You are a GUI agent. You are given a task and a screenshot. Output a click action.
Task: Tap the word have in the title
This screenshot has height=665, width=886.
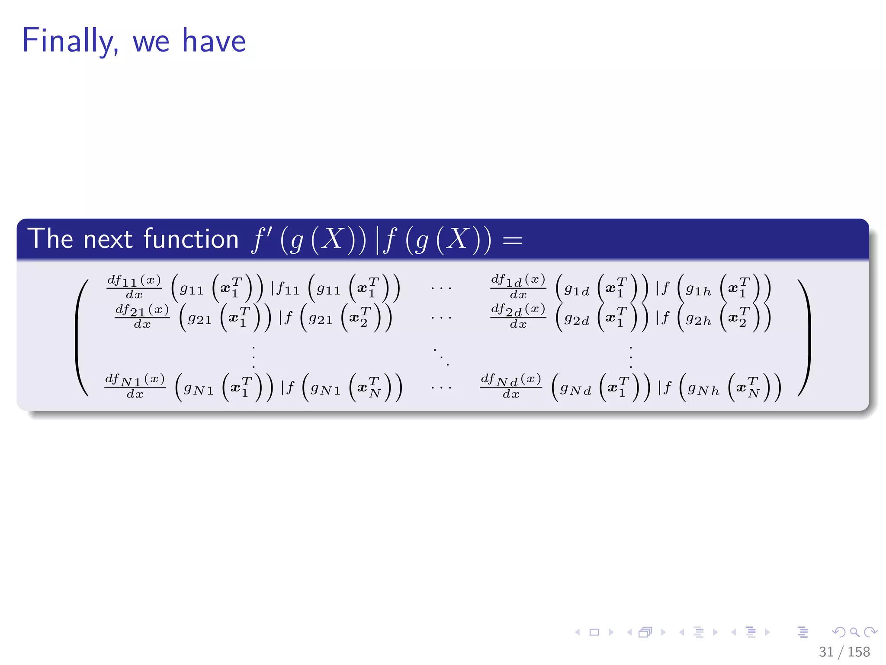(214, 41)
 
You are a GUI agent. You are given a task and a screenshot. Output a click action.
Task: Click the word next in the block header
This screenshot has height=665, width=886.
(108, 239)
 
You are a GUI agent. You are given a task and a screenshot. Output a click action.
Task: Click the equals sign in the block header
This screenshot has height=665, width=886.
(513, 241)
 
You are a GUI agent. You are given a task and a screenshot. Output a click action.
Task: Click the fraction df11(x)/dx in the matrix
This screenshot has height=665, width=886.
(134, 287)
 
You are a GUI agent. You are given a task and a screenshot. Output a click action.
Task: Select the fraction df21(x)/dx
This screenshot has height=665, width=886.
(142, 316)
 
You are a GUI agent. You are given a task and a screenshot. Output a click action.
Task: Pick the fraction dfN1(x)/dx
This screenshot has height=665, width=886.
(135, 386)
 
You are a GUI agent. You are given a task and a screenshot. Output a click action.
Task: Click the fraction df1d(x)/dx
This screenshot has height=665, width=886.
(518, 287)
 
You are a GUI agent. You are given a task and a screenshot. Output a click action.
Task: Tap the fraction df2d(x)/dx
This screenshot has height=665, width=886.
(518, 316)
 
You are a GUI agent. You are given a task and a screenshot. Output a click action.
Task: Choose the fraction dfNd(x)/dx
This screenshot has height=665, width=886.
(511, 386)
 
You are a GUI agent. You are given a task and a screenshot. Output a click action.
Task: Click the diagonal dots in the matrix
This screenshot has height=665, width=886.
(441, 356)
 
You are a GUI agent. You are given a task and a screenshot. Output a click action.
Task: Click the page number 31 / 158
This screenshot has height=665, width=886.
(844, 652)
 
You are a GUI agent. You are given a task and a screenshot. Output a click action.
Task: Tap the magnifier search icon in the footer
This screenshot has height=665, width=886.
(854, 632)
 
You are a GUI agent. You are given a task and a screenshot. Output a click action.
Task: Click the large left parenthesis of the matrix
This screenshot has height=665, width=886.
(82, 338)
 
